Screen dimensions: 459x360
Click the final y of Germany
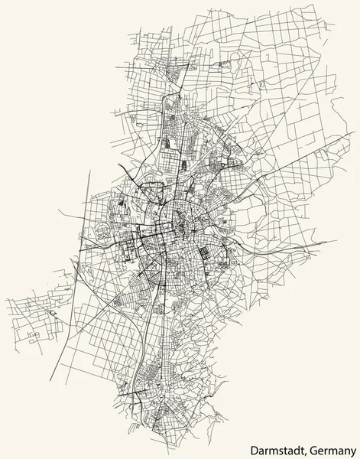(355, 449)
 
